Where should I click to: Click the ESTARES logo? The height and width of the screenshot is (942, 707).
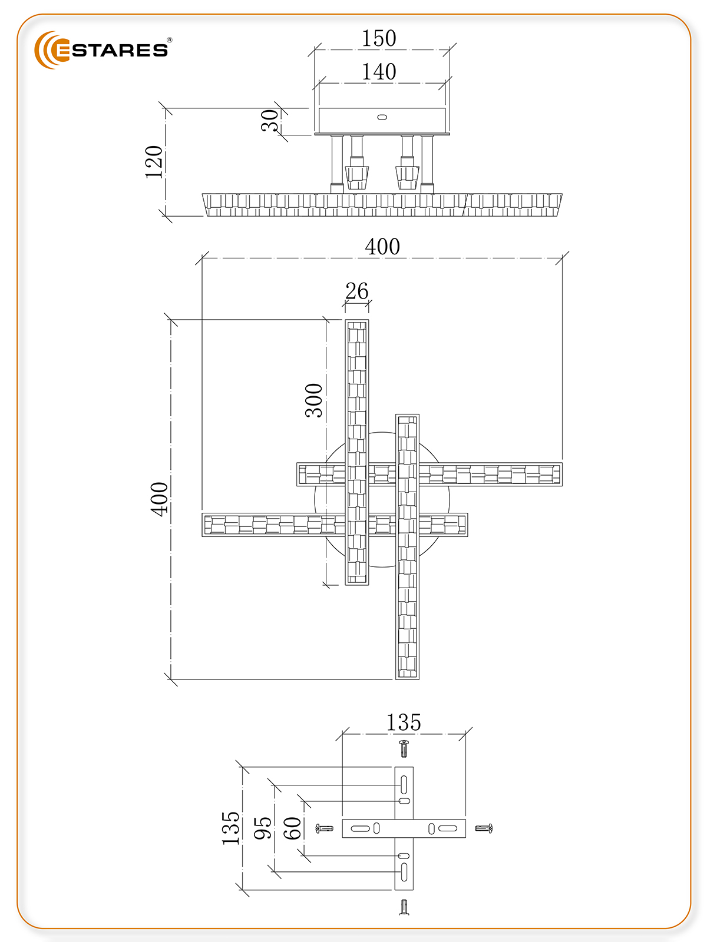pyautogui.click(x=101, y=50)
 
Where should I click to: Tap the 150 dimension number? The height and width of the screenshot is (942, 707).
pyautogui.click(x=379, y=38)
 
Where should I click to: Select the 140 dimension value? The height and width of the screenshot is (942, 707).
pyautogui.click(x=379, y=72)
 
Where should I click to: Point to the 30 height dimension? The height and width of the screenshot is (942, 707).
pyautogui.click(x=270, y=120)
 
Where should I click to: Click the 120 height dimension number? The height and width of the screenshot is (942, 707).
pyautogui.click(x=154, y=162)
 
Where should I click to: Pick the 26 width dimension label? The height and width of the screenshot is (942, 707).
pyautogui.click(x=356, y=291)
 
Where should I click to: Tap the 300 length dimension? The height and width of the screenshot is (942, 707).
pyautogui.click(x=314, y=400)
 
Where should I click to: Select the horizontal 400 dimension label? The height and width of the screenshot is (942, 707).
pyautogui.click(x=382, y=246)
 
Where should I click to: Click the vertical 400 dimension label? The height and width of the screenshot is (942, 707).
pyautogui.click(x=159, y=499)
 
